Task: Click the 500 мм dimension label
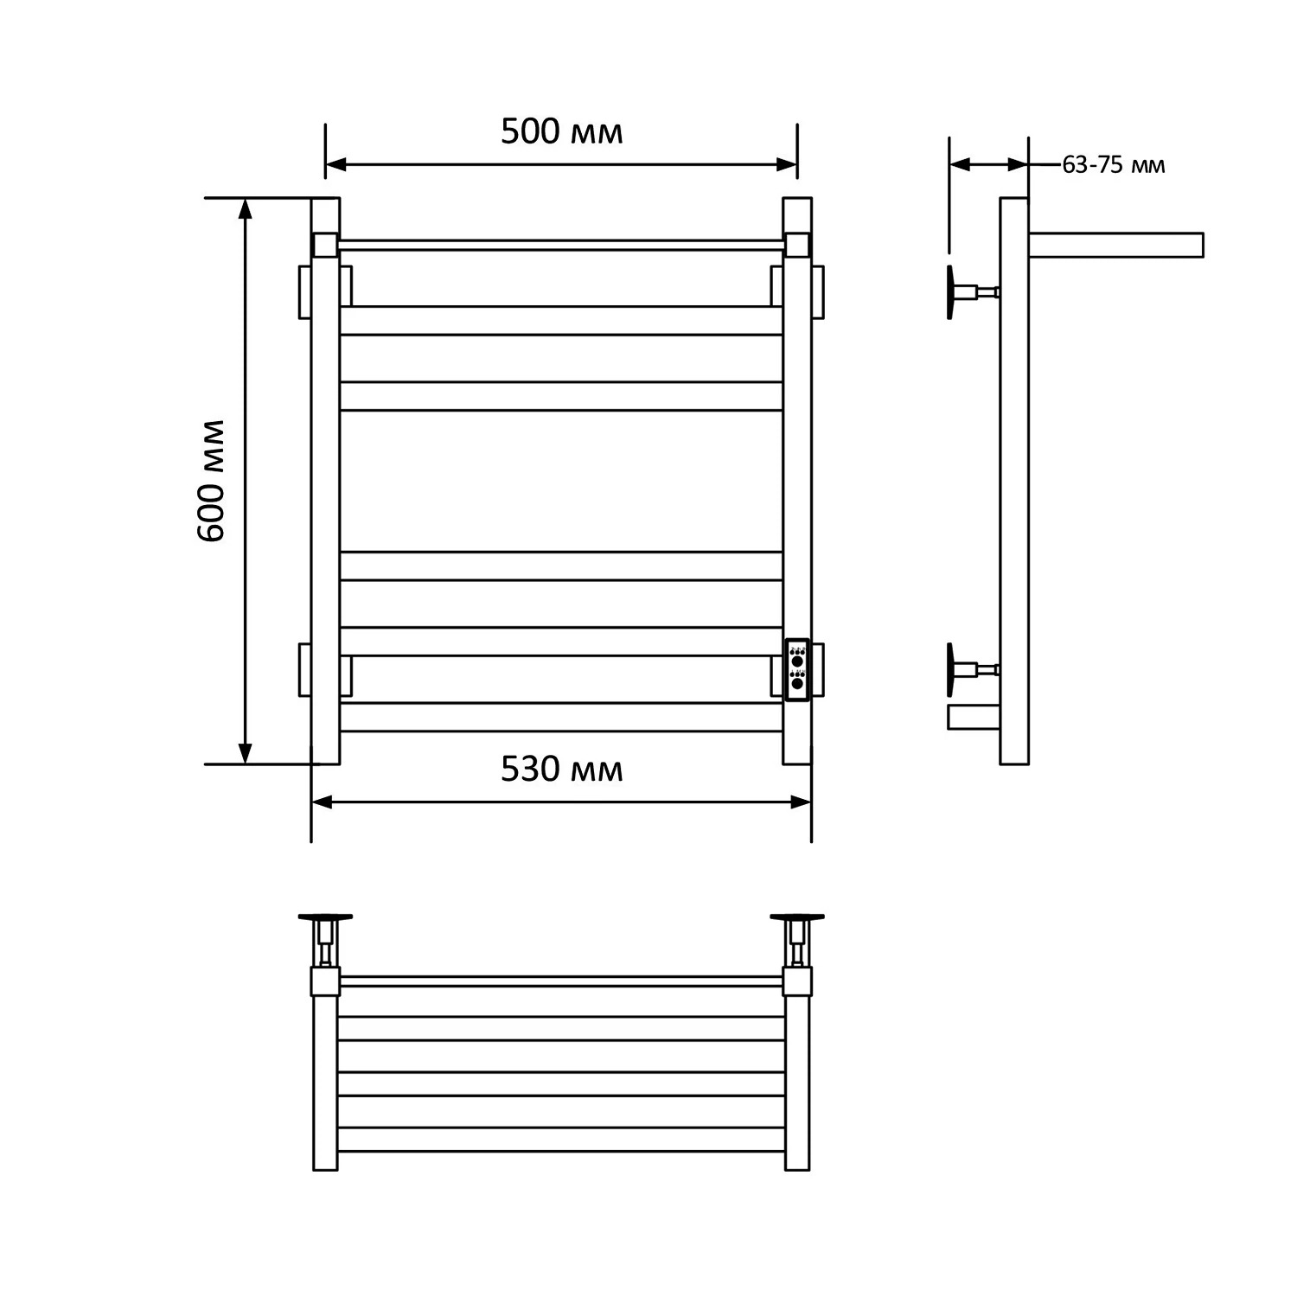pyautogui.click(x=561, y=131)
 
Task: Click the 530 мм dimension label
pyautogui.click(x=561, y=769)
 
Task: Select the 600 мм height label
pyautogui.click(x=211, y=481)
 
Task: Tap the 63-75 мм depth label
pyautogui.click(x=1113, y=165)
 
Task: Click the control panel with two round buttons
pyautogui.click(x=796, y=669)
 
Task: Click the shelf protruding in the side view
pyautogui.click(x=1115, y=245)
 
